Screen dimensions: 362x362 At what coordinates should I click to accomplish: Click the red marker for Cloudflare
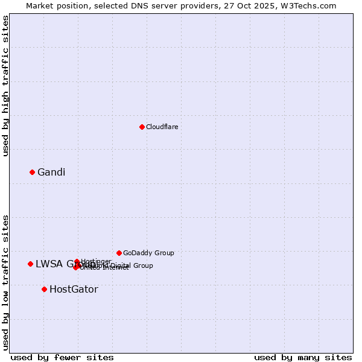[142, 127]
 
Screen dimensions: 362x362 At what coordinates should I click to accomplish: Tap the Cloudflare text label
[162, 127]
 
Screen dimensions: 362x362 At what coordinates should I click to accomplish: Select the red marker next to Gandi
[32, 172]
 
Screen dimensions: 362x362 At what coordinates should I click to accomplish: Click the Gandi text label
[51, 173]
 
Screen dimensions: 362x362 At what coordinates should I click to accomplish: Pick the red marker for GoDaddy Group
[119, 253]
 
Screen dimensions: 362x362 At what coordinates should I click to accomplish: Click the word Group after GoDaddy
[165, 253]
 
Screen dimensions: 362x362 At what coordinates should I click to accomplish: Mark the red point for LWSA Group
[30, 264]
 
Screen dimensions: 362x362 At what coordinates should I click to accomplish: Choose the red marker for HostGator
[44, 289]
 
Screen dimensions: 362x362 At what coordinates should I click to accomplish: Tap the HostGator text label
[74, 290]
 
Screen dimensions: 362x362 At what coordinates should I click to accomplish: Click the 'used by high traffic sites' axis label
[5, 86]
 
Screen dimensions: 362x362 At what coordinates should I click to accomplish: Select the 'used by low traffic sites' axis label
[5, 282]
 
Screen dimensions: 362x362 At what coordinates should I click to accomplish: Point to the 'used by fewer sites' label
[62, 357]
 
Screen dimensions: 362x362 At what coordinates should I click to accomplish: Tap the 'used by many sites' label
[303, 357]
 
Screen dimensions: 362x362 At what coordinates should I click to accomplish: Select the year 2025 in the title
[271, 5]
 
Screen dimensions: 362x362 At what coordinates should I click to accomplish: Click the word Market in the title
[40, 5]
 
